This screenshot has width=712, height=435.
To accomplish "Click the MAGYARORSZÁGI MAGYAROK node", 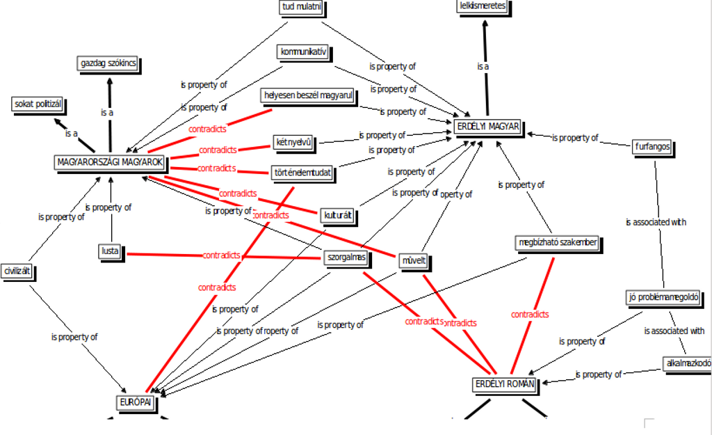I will [x=111, y=162].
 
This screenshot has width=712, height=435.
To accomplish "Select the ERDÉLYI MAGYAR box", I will [x=488, y=127].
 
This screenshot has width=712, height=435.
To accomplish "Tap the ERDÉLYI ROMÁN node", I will [x=504, y=383].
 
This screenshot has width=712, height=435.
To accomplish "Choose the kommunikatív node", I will [x=302, y=52].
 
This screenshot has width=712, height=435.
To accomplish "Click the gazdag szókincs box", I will [x=108, y=64].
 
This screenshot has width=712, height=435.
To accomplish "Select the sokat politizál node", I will [x=38, y=104].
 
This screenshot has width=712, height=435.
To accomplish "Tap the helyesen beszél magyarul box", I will [x=309, y=95].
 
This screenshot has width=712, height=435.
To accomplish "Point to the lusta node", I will [x=110, y=251].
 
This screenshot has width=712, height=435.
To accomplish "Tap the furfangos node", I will [x=652, y=148].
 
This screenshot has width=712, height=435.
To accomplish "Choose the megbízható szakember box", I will [x=557, y=243].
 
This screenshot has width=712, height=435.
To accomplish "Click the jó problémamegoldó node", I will [x=663, y=298].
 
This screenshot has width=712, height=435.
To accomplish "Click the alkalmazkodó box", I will [x=687, y=363].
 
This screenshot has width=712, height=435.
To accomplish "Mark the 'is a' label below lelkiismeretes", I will [x=483, y=67].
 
